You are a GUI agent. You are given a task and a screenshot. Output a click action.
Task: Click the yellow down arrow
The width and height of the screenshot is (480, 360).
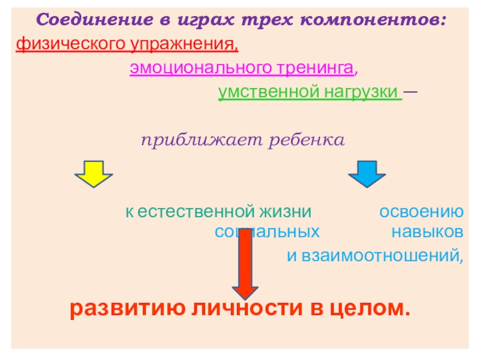click(x=93, y=173)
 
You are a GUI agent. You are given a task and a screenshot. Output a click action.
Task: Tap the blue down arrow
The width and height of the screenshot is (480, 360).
click(x=367, y=173)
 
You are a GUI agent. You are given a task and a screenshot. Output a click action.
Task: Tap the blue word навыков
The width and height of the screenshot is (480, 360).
click(x=427, y=231)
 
